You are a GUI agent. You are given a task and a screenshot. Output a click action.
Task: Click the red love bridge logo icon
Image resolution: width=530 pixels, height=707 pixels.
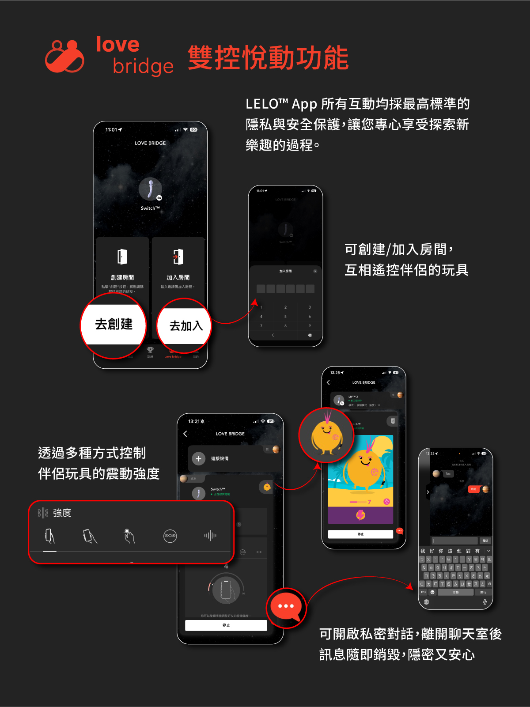click(x=64, y=57)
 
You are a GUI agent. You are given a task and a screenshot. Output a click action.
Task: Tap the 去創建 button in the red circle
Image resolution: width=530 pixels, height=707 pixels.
click(x=114, y=325)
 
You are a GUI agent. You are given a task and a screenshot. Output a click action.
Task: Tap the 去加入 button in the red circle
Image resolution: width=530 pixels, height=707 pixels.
click(x=185, y=326)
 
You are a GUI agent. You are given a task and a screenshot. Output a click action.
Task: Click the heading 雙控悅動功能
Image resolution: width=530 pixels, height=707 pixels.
click(x=268, y=58)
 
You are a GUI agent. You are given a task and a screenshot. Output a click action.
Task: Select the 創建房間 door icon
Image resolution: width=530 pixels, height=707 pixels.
click(x=122, y=257)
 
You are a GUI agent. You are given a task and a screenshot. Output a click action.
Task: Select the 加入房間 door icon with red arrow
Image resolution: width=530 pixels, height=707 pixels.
click(x=178, y=257)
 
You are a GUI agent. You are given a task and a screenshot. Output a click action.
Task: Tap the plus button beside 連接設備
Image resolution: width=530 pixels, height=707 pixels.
click(x=199, y=459)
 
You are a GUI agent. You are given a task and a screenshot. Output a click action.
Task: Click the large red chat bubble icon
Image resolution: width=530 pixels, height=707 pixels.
click(x=286, y=607)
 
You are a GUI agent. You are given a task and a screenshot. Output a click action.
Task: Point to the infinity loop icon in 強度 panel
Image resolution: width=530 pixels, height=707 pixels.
click(x=170, y=536)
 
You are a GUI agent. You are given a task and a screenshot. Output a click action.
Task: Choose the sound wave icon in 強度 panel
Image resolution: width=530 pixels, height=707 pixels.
click(x=210, y=536)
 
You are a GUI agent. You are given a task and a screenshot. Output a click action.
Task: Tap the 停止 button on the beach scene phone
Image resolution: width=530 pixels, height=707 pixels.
click(x=360, y=534)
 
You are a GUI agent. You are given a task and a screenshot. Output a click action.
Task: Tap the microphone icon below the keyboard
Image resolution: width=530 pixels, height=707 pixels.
click(x=485, y=602)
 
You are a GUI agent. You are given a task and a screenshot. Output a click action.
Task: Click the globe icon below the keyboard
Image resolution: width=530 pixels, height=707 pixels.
click(x=426, y=602)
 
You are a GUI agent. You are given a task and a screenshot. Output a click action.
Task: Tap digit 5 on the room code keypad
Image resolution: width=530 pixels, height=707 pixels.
click(x=285, y=317)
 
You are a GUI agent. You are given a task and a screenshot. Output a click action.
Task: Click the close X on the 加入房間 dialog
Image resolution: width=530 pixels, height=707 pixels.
click(x=315, y=271)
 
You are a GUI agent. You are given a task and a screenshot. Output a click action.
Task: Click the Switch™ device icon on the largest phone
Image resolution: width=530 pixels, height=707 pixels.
click(x=150, y=189)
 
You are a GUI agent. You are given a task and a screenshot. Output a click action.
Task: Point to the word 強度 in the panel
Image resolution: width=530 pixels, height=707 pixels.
click(x=62, y=513)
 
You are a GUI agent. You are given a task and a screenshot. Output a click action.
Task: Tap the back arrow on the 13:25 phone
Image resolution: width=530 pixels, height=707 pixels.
click(x=328, y=382)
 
